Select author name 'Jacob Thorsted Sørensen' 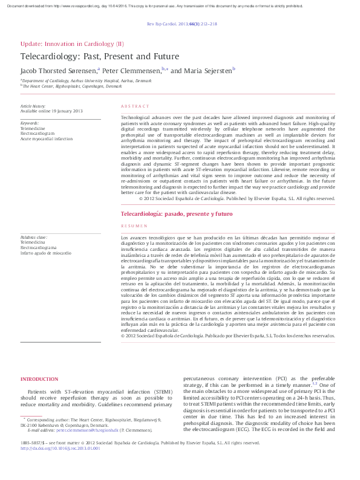pos(57,71)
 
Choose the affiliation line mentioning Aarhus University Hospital pos(87,80)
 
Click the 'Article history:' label pos(33,106)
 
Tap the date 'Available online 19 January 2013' pos(51,111)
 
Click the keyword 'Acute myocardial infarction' pos(47,139)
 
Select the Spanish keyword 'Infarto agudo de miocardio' pos(46,253)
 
